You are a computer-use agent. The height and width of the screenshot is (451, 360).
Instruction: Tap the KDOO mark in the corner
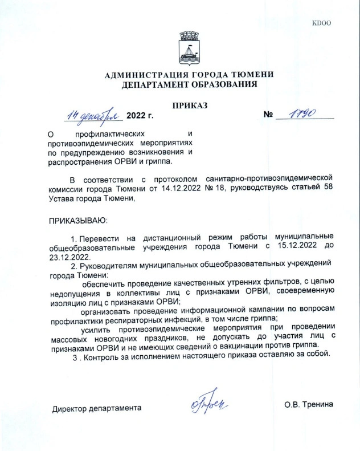point(322,23)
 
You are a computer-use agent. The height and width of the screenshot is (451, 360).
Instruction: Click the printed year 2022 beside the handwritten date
point(140,116)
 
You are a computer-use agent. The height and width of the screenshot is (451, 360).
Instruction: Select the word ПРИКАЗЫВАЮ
point(78,220)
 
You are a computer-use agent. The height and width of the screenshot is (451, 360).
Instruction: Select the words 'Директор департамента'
point(97,408)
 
